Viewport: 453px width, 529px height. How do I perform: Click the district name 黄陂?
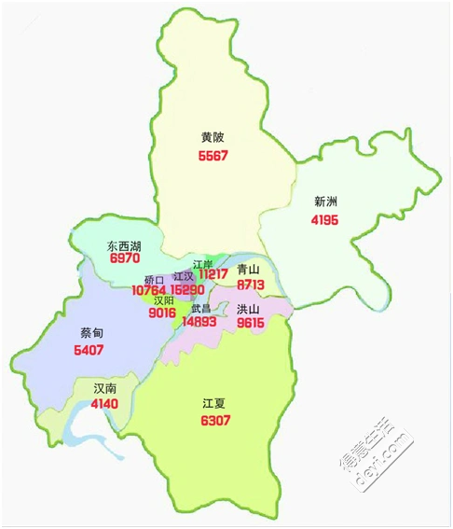[x=213, y=137]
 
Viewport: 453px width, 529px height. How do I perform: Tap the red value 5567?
[x=213, y=155]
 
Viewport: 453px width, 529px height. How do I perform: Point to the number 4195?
[x=325, y=220]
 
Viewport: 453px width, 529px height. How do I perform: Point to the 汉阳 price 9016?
[x=162, y=313]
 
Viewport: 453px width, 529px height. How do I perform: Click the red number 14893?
[x=200, y=321]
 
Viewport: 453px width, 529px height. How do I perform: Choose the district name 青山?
[x=249, y=268]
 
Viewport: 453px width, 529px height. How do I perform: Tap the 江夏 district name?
[x=213, y=404]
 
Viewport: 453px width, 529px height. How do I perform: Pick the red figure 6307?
[x=214, y=421]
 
